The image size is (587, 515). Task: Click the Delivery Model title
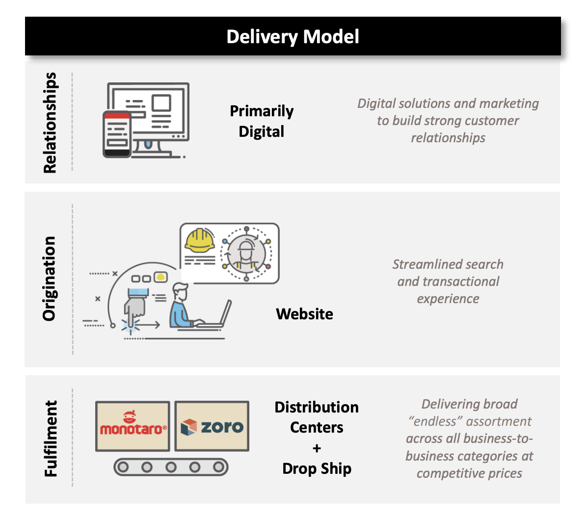click(293, 37)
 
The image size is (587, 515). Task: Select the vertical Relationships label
click(50, 123)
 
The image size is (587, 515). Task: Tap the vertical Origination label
click(50, 279)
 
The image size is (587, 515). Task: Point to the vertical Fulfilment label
click(51, 438)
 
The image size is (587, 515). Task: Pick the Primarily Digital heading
click(262, 121)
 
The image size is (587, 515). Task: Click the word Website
click(304, 314)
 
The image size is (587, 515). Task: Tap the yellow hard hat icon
click(199, 240)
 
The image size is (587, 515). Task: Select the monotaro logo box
click(133, 426)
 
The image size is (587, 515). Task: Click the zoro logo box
click(212, 426)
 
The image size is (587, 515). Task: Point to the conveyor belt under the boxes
click(171, 467)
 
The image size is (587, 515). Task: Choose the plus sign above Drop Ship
click(317, 448)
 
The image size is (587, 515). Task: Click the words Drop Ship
click(317, 468)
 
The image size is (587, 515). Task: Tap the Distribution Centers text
click(317, 417)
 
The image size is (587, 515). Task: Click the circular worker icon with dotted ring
click(246, 254)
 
